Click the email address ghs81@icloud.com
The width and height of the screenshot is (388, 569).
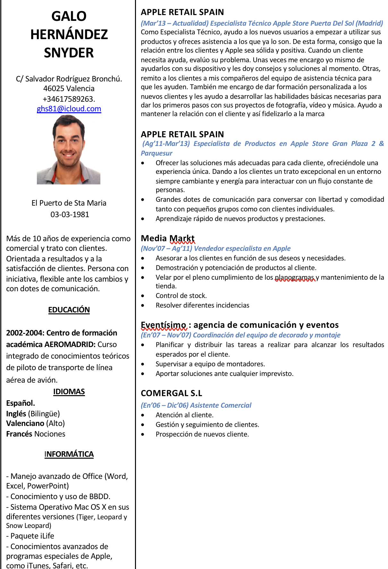pos(69,109)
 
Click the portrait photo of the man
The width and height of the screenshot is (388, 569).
pos(69,150)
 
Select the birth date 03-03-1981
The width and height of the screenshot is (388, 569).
pos(70,215)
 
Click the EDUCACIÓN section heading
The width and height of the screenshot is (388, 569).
pos(69,310)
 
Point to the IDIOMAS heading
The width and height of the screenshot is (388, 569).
pos(69,392)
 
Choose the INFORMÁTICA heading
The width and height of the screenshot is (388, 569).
pos(69,454)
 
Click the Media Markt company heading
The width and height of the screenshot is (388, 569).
pos(168,238)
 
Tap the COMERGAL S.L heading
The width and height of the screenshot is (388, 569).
pos(172,393)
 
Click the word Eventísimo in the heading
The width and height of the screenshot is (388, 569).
pos(164,325)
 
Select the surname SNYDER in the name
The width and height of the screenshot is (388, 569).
pos(69,53)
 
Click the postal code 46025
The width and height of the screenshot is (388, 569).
pos(53,89)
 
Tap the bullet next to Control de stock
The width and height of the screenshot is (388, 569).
pos(143,296)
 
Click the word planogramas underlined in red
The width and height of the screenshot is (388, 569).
pos(295,277)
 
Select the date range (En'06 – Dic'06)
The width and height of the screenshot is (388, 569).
pos(164,405)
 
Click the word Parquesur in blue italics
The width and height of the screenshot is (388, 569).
pos(156,153)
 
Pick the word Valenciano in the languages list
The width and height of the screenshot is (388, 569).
pos(25,423)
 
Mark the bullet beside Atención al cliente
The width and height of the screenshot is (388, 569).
pos(143,415)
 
